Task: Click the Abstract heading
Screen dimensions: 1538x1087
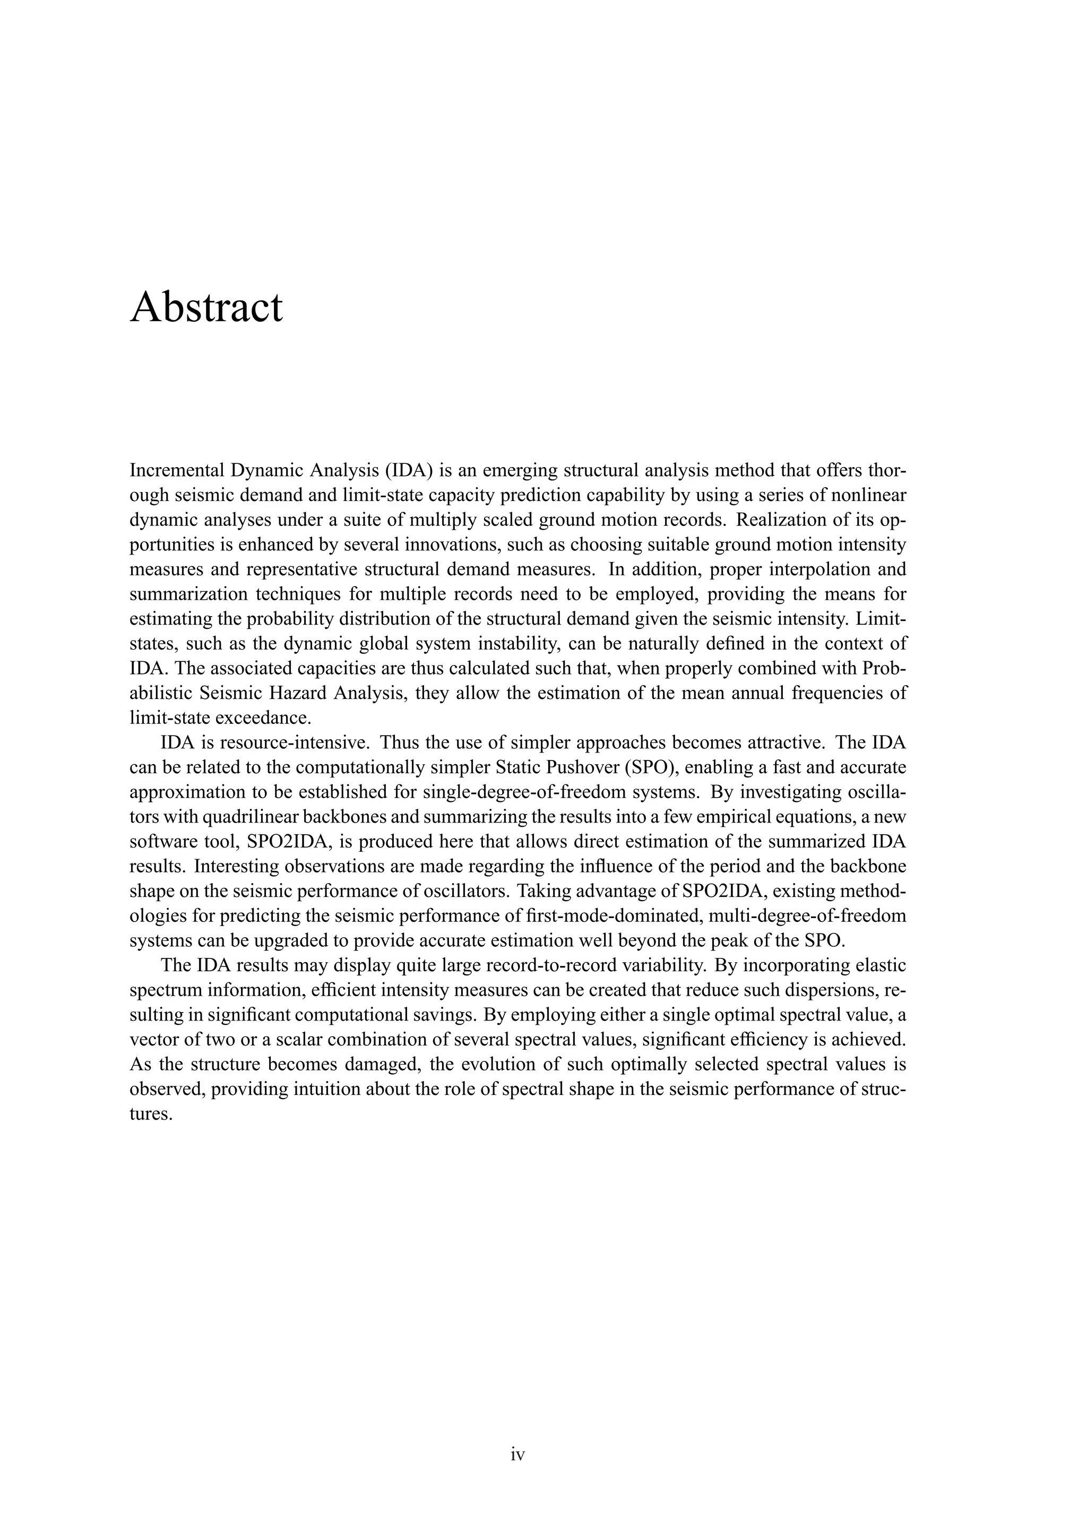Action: click(x=206, y=308)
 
